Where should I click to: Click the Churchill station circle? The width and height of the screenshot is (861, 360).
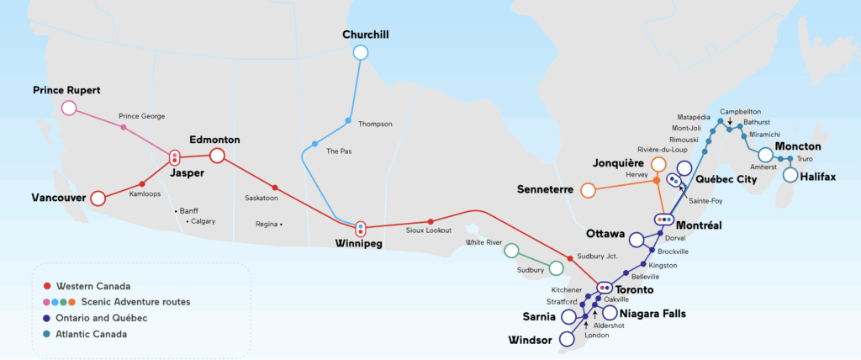tap(361, 52)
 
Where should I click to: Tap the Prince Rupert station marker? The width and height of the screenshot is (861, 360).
tap(69, 108)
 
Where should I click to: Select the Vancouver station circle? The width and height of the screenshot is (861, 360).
tap(98, 199)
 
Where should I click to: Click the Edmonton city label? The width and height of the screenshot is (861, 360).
tap(215, 140)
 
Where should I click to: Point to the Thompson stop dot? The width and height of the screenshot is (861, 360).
tap(348, 120)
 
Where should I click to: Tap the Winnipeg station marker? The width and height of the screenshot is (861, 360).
tap(361, 228)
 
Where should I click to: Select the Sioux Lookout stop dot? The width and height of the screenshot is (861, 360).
tap(430, 221)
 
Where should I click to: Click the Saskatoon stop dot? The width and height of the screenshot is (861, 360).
tap(275, 187)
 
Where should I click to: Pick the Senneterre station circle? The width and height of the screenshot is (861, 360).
tap(588, 190)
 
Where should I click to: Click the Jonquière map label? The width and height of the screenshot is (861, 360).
tap(618, 162)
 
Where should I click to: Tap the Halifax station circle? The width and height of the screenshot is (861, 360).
tap(790, 175)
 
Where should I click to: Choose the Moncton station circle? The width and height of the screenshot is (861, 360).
tap(765, 155)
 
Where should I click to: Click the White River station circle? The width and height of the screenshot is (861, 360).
tap(511, 251)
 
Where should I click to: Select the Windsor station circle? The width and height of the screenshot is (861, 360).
tap(567, 341)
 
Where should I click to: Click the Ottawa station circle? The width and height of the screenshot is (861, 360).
tap(636, 240)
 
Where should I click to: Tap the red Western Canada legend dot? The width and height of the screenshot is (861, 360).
tap(48, 286)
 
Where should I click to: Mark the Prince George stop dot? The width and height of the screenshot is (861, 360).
tap(124, 128)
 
